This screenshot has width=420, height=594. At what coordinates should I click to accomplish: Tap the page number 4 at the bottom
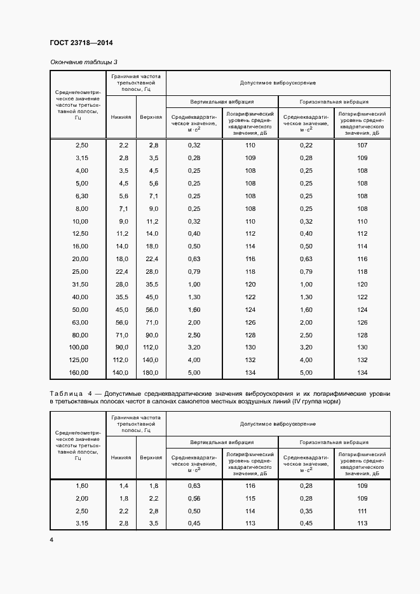click(x=51, y=539)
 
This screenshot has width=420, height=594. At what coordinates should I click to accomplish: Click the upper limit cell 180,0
click(x=151, y=372)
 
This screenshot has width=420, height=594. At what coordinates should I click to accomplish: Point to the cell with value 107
click(x=362, y=145)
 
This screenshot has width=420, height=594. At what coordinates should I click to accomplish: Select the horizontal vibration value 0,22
click(x=306, y=145)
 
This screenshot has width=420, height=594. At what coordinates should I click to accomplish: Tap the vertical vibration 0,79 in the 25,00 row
click(x=194, y=271)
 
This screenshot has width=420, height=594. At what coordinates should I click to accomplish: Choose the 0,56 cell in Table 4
click(x=194, y=498)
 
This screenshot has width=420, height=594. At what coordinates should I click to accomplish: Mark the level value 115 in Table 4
click(x=250, y=498)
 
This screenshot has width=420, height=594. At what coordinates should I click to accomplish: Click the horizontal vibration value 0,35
click(x=306, y=511)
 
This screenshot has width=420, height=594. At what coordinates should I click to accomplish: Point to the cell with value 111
click(x=362, y=511)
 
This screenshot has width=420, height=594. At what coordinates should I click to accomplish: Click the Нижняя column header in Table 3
click(x=121, y=118)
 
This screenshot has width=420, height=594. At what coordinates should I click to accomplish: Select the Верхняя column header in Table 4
click(x=151, y=457)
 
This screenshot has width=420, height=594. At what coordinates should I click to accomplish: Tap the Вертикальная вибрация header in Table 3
click(x=222, y=101)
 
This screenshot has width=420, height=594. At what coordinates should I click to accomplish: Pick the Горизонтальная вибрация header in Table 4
click(x=334, y=442)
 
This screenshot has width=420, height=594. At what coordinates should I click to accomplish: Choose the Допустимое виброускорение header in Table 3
click(x=278, y=83)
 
